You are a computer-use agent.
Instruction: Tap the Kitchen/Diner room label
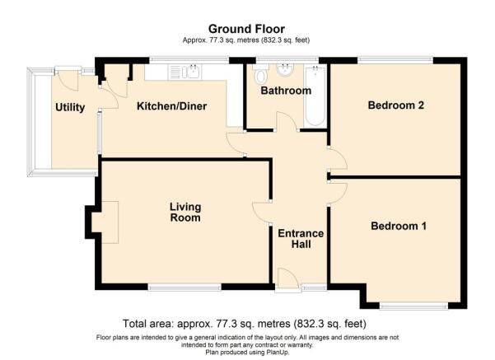click(x=171, y=106)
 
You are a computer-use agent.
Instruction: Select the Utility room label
click(x=70, y=108)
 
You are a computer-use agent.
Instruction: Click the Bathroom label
click(x=286, y=91)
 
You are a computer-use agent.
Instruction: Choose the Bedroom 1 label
click(x=399, y=226)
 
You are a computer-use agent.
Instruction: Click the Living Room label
click(x=185, y=213)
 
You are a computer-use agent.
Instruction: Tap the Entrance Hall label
click(x=301, y=239)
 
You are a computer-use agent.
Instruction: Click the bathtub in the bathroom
click(x=315, y=97)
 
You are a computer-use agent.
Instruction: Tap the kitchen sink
click(x=190, y=72)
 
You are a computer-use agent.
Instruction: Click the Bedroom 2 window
click(x=395, y=58)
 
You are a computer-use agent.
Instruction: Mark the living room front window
click(x=184, y=287)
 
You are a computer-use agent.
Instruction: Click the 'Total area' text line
click(x=245, y=324)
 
